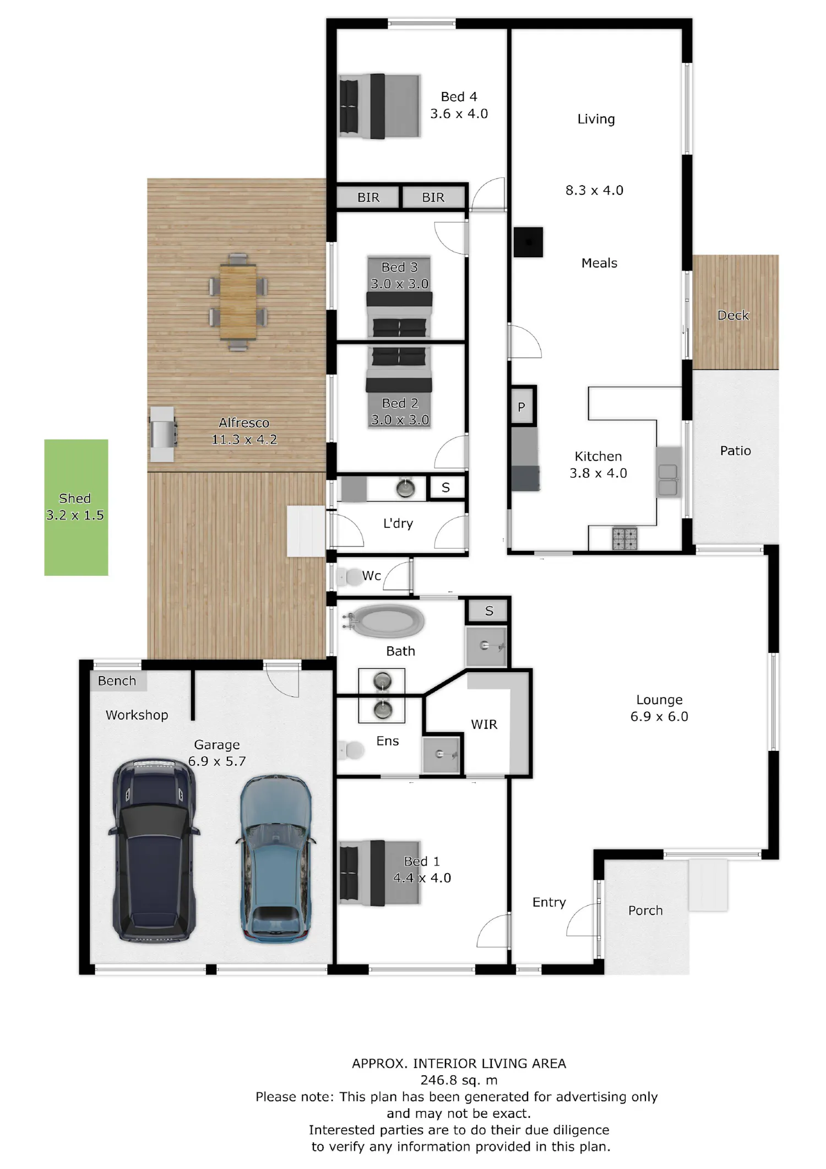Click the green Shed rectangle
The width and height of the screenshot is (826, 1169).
(76, 507)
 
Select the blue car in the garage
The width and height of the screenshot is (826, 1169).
(275, 858)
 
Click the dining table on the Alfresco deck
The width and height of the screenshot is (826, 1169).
(238, 302)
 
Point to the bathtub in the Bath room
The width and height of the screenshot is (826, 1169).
(385, 621)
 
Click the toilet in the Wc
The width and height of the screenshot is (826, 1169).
(347, 577)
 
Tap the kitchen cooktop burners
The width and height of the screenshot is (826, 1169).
(625, 539)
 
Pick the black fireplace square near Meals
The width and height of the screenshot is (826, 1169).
(529, 242)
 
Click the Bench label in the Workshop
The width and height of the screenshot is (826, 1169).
(117, 681)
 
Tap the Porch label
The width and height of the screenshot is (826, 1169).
(645, 911)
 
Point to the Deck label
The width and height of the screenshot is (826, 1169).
(733, 315)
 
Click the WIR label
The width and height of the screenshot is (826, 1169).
(484, 724)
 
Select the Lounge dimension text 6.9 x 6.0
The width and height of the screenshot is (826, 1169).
(659, 716)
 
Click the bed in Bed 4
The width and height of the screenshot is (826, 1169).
(379, 106)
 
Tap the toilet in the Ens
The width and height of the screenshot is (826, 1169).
(351, 750)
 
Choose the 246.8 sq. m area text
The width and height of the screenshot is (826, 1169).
(459, 1080)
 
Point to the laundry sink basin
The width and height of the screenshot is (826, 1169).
(406, 489)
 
